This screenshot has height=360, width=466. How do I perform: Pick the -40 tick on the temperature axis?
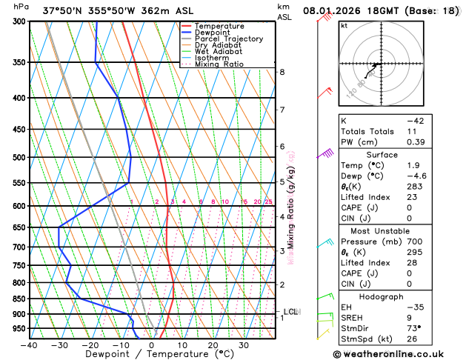(x=29, y=345)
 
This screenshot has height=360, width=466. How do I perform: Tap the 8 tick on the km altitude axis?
(x=282, y=72)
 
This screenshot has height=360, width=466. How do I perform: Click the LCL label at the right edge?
(x=291, y=312)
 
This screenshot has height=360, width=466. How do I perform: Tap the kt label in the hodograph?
(x=344, y=25)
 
